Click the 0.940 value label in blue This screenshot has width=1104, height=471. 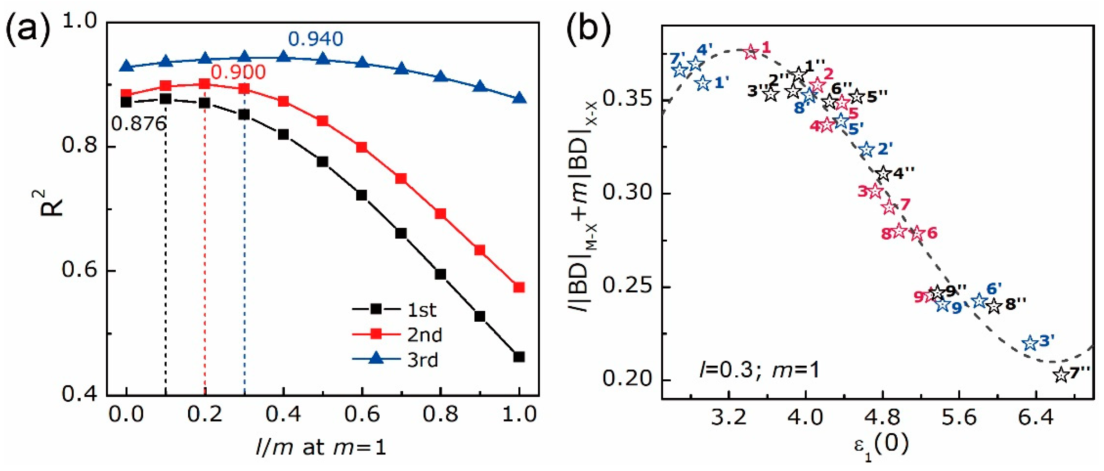tap(316, 39)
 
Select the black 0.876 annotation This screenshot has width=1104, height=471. tap(138, 124)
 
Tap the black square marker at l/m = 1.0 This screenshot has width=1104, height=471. tap(519, 357)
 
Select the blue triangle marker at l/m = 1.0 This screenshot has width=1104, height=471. tap(519, 98)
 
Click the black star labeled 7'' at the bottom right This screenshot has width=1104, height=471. tap(1061, 375)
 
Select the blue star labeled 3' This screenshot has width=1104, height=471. tap(1030, 343)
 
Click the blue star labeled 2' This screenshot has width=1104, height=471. tap(867, 150)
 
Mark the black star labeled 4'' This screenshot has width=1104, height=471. tap(882, 174)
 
